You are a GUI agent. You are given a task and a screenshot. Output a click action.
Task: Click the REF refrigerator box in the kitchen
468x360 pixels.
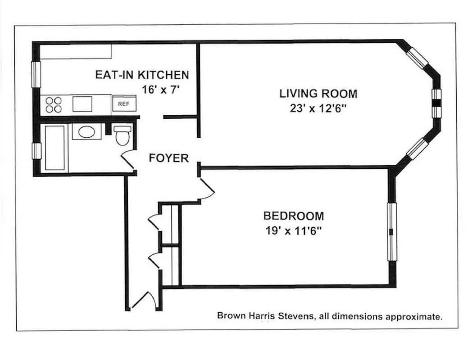point(123,103)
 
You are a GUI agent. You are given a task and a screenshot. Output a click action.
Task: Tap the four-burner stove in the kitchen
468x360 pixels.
point(54,104)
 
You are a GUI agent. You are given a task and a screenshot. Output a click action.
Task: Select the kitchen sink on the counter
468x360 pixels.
point(82,104)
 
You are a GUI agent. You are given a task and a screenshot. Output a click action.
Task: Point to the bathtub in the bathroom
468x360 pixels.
point(55,148)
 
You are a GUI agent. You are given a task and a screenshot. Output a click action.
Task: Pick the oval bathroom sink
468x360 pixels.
point(87,132)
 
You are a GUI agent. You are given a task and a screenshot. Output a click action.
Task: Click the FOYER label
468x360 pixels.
point(168,158)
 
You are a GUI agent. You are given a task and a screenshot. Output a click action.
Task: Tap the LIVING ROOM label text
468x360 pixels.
point(318,94)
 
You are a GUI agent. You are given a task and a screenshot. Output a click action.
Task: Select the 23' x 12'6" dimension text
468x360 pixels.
point(318,108)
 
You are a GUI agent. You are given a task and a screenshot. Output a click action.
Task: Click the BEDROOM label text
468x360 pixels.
point(293,216)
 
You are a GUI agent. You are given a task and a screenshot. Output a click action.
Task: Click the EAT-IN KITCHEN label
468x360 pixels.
point(142,75)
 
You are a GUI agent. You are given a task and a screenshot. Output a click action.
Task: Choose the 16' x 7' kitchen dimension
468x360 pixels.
point(161,89)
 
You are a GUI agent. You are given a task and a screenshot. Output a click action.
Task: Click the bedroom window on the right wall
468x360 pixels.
point(392,232)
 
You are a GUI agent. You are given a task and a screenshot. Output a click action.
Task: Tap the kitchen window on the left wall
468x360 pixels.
point(36,74)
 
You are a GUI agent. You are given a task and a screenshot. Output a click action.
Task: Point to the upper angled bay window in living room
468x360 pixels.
point(416,58)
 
